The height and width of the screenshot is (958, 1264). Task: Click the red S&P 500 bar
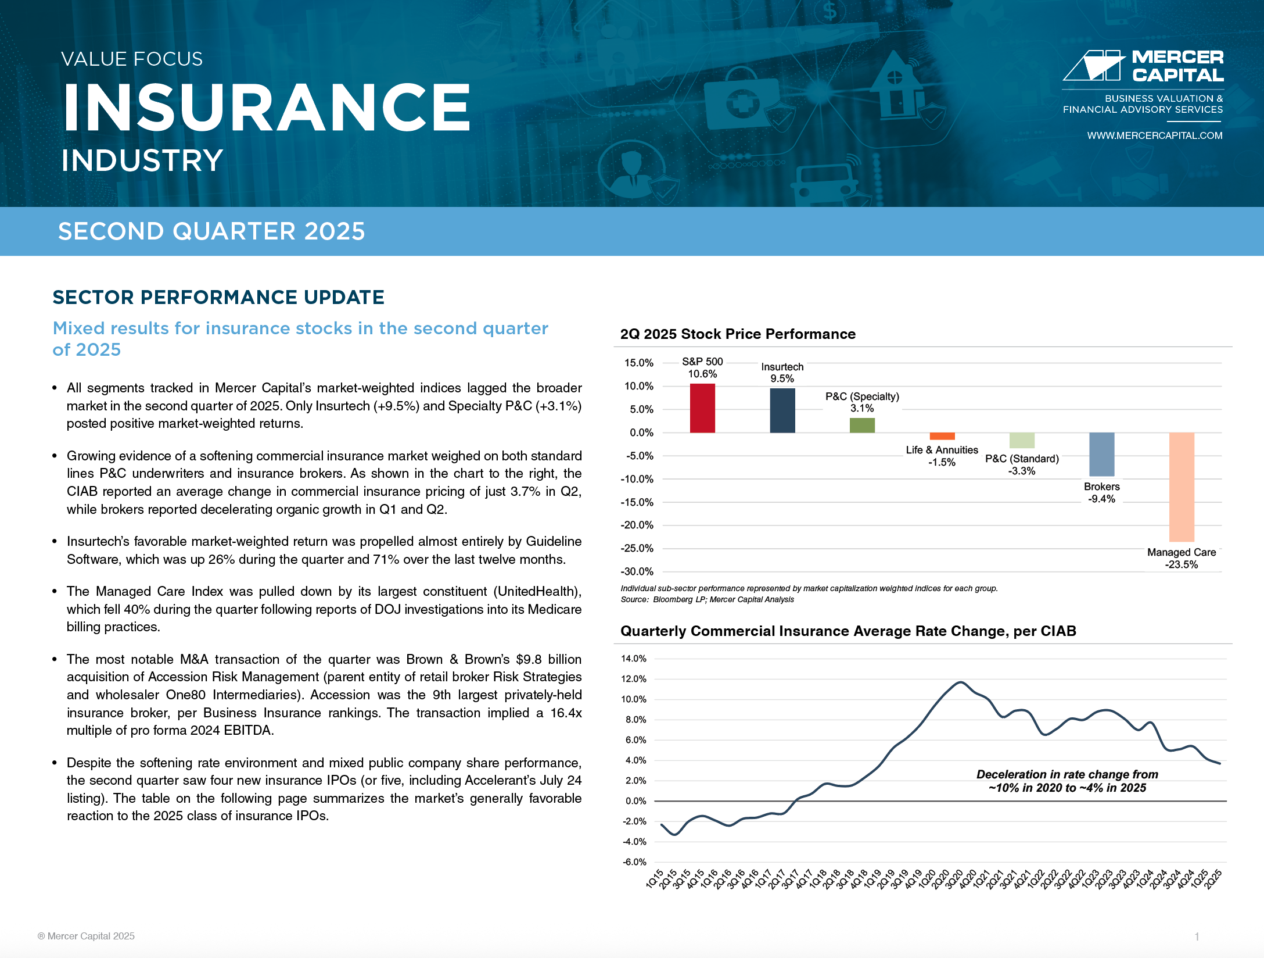coord(702,408)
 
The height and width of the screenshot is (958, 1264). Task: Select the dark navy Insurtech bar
coord(782,410)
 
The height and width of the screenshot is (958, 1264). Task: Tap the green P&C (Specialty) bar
coord(862,426)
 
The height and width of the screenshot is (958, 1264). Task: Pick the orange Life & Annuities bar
coord(942,436)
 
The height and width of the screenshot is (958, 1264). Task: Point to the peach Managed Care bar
coord(1182,487)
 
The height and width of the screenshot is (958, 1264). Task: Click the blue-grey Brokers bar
coord(1102,455)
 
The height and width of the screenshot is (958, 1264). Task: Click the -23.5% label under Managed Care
coord(1182,564)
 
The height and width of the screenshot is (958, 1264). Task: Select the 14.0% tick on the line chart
coord(634,659)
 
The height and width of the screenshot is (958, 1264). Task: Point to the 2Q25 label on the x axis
coord(1213,879)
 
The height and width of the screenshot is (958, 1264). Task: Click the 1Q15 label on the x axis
coord(655,879)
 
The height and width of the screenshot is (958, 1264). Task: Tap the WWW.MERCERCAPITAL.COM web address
coord(1155,135)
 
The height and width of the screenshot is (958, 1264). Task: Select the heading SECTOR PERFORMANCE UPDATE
coord(218,297)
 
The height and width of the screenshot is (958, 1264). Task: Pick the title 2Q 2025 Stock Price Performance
coord(738,334)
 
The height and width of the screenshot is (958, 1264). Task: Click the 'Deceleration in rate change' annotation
coord(1068,781)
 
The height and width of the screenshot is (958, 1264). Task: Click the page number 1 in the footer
coord(1197,936)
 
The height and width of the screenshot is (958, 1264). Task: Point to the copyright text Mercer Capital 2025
coord(86,936)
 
